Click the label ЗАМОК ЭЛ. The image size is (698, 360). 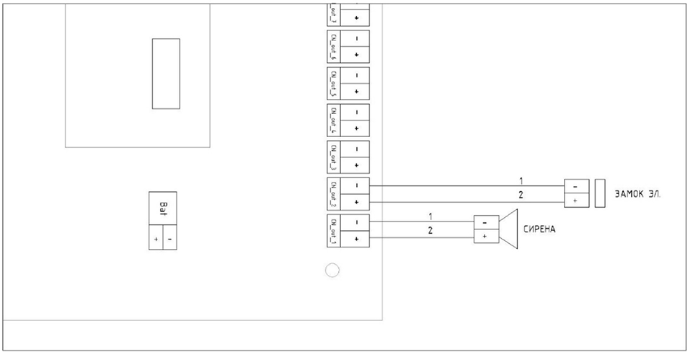638,194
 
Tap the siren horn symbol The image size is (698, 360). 508,229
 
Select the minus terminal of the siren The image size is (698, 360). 485,222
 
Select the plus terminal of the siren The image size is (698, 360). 485,236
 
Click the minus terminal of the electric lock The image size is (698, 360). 575,186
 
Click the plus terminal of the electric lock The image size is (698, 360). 575,201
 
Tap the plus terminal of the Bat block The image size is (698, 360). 156,239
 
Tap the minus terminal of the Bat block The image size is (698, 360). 169,239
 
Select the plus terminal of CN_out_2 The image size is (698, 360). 357,203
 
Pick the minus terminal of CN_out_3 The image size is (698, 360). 357,149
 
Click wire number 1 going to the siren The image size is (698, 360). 430,216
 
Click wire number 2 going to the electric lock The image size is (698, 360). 521,195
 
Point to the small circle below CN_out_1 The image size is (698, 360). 332,271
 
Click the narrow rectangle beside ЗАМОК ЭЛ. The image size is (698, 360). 600,193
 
